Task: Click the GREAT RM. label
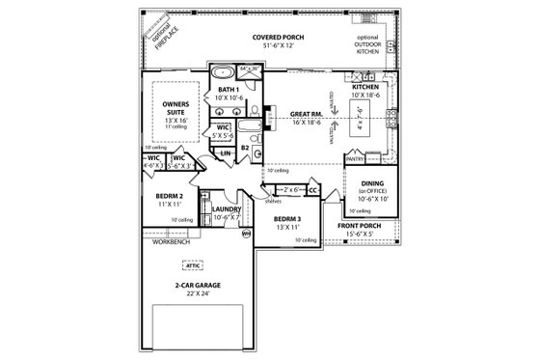(308, 115)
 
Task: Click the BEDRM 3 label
(285, 219)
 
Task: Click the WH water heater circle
(246, 233)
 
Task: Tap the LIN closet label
(225, 152)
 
